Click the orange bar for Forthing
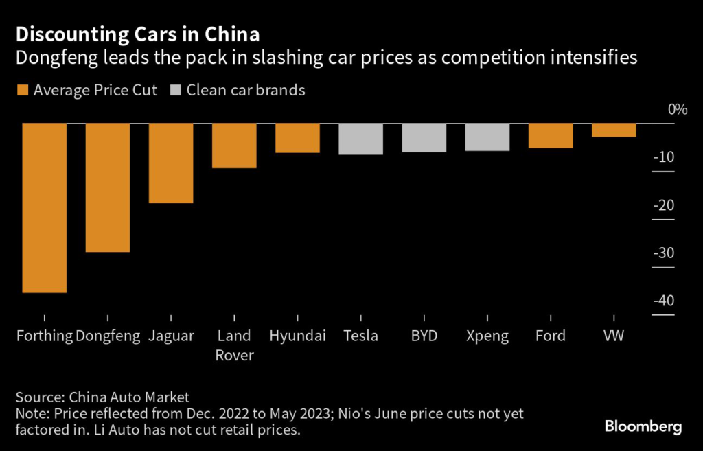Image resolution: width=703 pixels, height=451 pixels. tap(45, 208)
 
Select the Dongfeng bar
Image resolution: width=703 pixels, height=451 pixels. tap(108, 187)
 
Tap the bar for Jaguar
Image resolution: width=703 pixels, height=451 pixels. tap(171, 163)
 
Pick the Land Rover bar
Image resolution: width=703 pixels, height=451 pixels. tap(234, 146)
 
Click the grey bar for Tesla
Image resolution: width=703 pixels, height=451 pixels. tap(360, 139)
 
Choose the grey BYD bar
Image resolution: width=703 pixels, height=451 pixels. tap(424, 137)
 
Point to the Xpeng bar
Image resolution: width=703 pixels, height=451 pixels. tap(487, 137)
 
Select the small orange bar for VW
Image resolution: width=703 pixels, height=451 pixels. tap(614, 130)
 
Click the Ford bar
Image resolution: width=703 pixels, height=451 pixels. tap(551, 135)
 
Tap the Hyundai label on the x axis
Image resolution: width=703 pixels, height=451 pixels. tap(297, 336)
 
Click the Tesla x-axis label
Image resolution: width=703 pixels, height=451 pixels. tap(360, 336)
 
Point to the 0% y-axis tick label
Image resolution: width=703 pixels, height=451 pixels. tap(677, 110)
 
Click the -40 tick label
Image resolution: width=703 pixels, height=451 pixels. tap(663, 301)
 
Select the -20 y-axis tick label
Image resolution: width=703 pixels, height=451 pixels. tap(663, 205)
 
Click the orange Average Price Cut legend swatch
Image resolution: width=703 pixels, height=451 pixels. tap(22, 90)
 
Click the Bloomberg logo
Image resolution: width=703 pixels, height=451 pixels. tap(643, 427)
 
